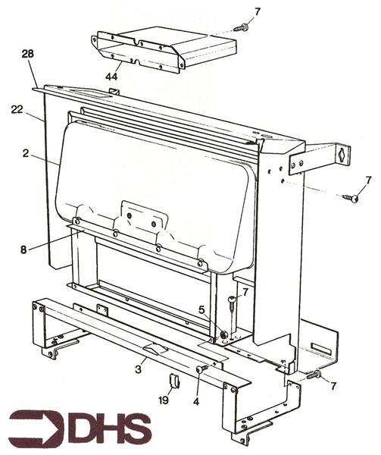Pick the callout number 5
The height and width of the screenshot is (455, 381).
tap(201, 309)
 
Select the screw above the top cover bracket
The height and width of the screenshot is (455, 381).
tap(241, 27)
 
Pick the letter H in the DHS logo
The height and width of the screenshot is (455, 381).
tap(108, 427)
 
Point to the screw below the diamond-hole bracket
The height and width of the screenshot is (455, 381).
tap(350, 198)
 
